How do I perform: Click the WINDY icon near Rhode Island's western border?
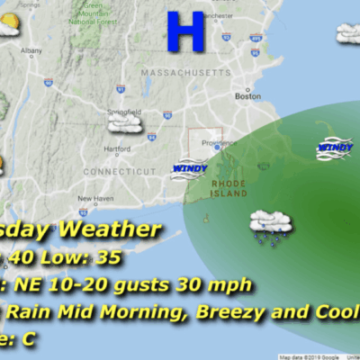(189, 167)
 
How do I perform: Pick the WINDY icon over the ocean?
(334, 148)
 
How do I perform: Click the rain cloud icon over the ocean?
(268, 225)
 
